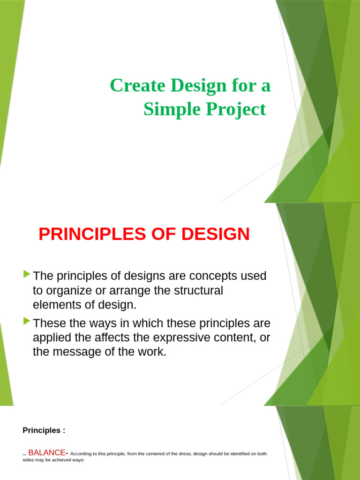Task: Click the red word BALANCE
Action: click(47, 453)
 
